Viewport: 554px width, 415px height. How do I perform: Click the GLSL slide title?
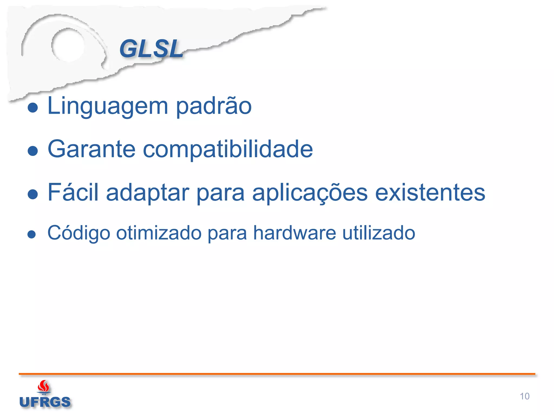tap(151, 49)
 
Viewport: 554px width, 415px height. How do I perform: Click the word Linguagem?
tap(108, 106)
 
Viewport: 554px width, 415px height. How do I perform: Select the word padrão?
tap(214, 106)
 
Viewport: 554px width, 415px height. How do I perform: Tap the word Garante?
tap(91, 149)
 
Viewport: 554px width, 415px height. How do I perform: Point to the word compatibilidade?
tap(227, 150)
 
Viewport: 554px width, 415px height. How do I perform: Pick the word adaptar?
tap(148, 192)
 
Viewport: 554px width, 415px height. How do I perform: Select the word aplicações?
tap(310, 193)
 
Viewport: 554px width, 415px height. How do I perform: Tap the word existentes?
tap(430, 192)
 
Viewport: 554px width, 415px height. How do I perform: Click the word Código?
tap(79, 233)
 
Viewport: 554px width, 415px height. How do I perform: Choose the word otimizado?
tap(159, 233)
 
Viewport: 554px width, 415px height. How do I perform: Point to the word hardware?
tap(295, 233)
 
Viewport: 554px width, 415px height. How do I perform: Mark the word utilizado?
tap(379, 233)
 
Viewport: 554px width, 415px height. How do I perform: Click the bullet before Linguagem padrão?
tap(33, 108)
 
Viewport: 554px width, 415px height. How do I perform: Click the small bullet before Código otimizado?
tap(32, 234)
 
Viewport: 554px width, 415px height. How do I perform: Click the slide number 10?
tap(524, 396)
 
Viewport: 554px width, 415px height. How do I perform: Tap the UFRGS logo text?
tap(45, 402)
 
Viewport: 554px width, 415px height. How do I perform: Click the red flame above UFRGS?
tap(44, 387)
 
